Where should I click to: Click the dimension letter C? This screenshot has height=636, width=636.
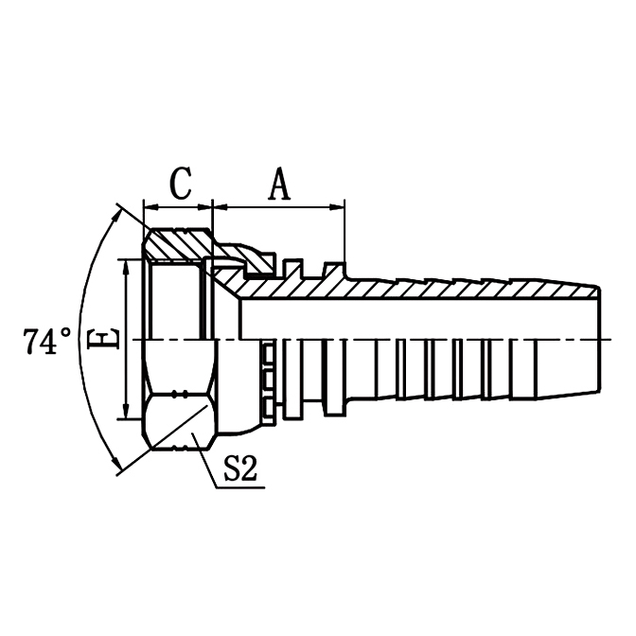pyautogui.click(x=181, y=183)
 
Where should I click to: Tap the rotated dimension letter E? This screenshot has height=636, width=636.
pyautogui.click(x=108, y=339)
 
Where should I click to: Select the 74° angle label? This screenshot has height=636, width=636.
pyautogui.click(x=47, y=341)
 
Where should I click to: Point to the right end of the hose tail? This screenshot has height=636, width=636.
pyautogui.click(x=597, y=339)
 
